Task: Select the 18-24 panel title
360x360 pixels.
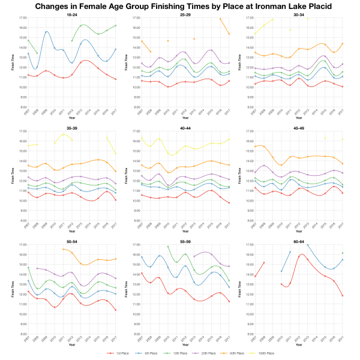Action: pyautogui.click(x=71, y=14)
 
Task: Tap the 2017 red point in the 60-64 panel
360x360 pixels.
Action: pyautogui.click(x=342, y=296)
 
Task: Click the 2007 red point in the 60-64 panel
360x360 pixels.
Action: pyautogui.click(x=255, y=277)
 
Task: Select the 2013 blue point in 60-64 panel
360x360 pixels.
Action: pyautogui.click(x=307, y=245)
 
